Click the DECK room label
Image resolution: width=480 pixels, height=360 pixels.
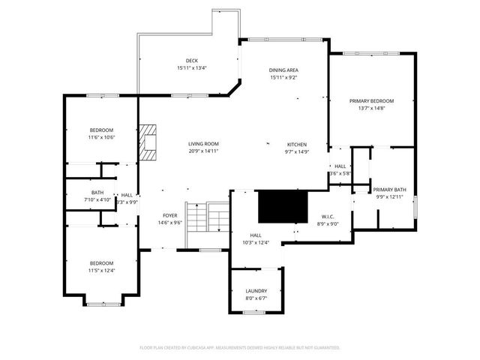[x=192, y=61]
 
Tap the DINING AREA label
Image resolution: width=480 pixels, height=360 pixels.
[x=284, y=70]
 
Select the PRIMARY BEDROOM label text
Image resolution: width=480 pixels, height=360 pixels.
[x=371, y=100]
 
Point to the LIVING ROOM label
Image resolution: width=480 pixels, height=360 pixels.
[x=203, y=144]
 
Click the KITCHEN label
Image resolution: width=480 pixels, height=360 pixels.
[x=297, y=144]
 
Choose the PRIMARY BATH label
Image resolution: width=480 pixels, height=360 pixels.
[x=389, y=189]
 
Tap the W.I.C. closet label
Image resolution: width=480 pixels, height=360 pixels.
[x=328, y=216]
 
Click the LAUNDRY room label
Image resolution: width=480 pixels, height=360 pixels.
[x=256, y=291]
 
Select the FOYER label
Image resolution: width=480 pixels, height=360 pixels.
[x=170, y=215]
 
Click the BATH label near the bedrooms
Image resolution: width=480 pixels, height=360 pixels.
[x=97, y=192]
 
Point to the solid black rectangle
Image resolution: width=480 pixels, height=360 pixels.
[x=283, y=206]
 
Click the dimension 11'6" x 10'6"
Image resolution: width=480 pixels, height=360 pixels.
[x=100, y=137]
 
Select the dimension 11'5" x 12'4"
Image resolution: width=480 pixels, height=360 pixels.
[x=101, y=270]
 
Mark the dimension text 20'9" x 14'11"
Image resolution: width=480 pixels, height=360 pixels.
[x=203, y=151]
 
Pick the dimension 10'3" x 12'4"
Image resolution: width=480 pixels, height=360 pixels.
[x=256, y=242]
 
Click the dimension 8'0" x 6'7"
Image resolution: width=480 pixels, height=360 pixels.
[x=256, y=298]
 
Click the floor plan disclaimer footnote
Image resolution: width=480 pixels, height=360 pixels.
[x=240, y=348]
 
